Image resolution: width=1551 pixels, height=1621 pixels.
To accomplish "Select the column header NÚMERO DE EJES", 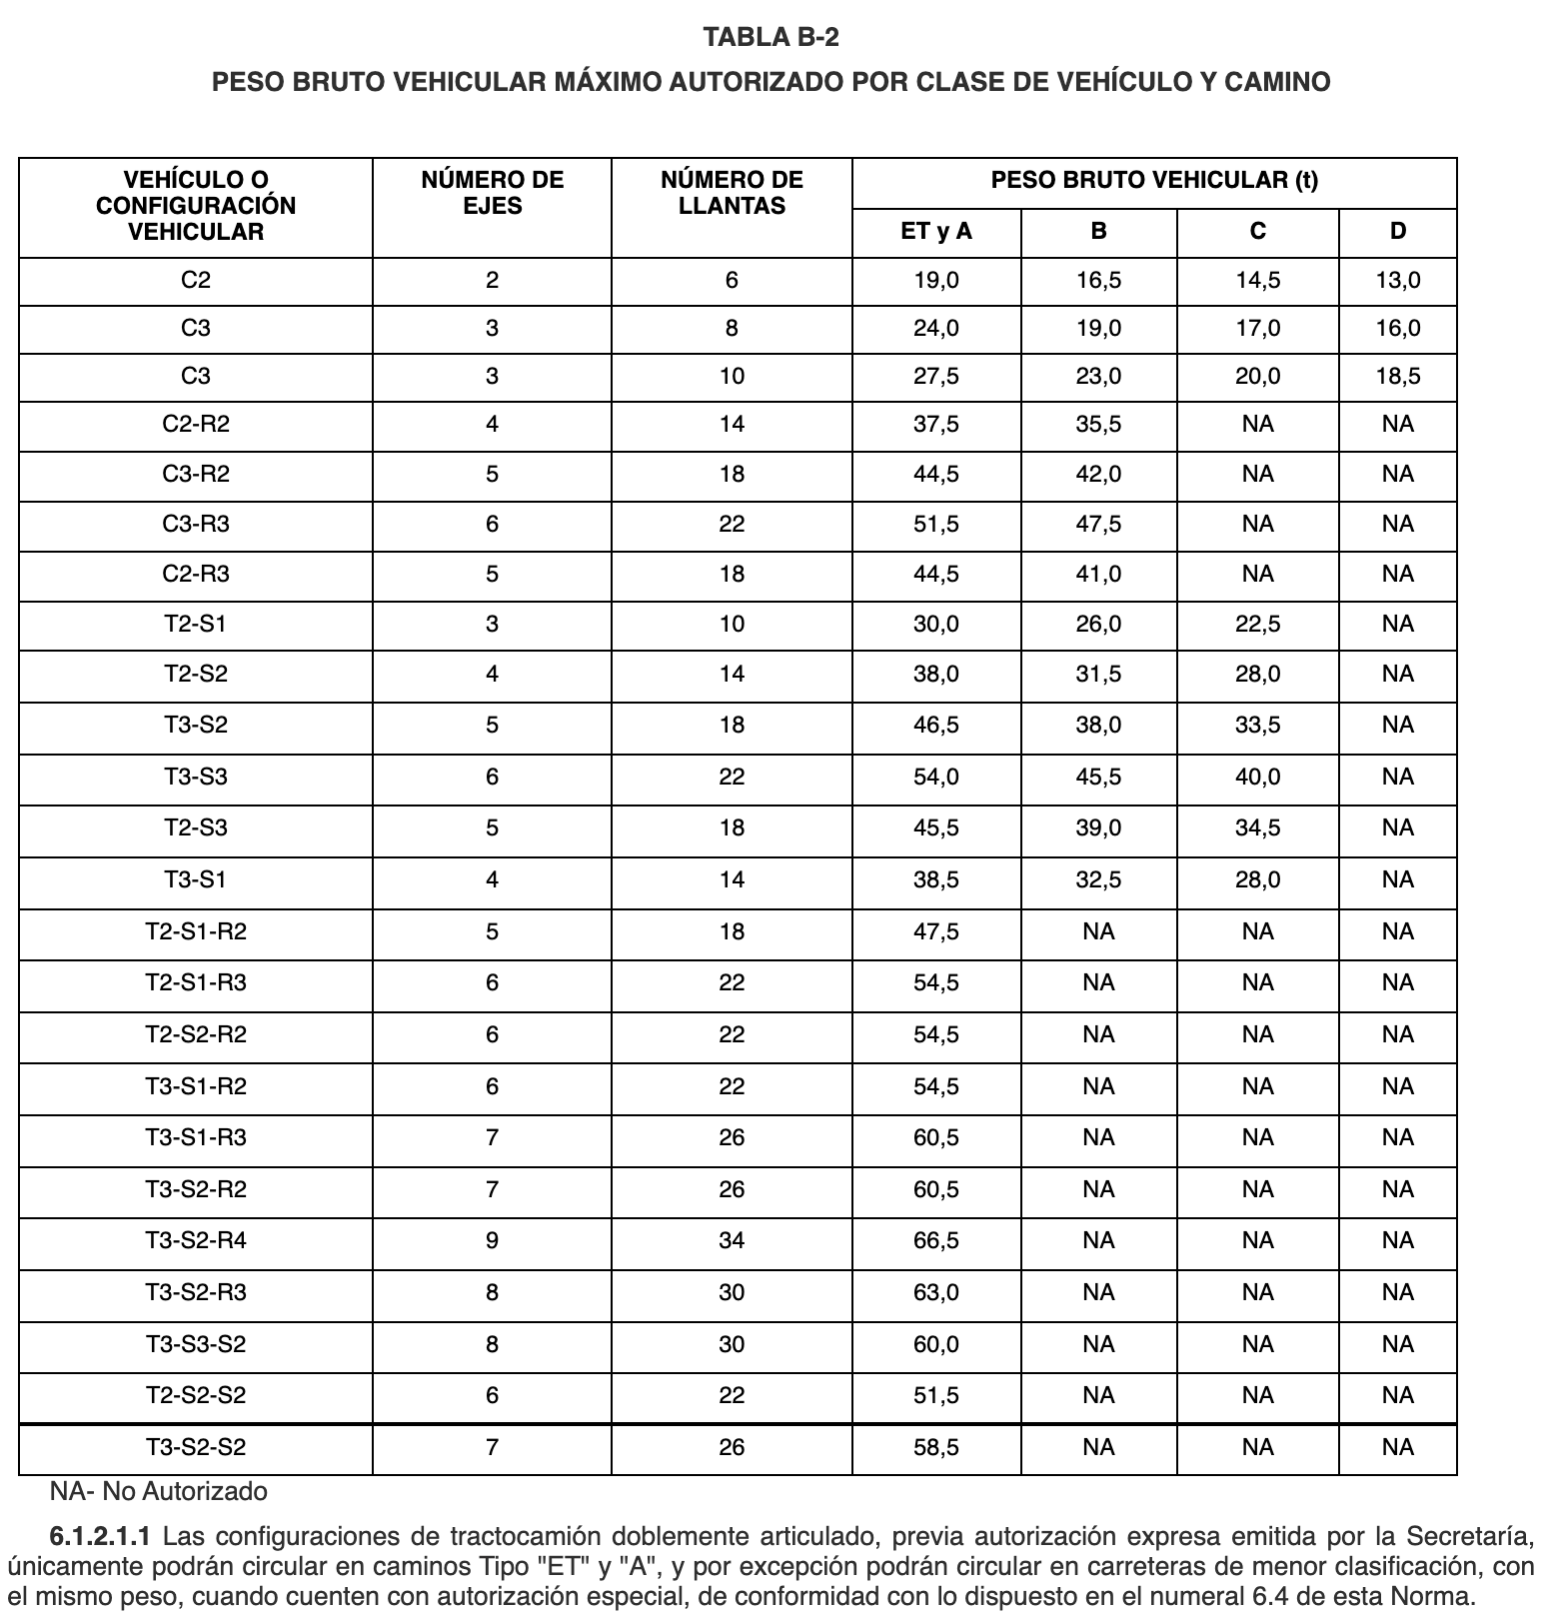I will (x=492, y=193).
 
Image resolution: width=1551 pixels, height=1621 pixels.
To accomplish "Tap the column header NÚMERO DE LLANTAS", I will (x=732, y=193).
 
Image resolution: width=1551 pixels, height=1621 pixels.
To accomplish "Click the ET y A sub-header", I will (x=936, y=232).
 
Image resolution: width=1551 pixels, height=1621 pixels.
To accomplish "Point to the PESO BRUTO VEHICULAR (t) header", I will (x=1154, y=181).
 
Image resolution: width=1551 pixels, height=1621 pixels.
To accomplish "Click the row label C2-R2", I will (x=196, y=425).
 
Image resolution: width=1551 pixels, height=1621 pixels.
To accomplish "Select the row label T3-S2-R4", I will (x=196, y=1241).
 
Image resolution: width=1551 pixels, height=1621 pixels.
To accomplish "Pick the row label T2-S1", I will (x=196, y=625).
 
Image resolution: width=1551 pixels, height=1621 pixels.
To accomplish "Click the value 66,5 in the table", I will (x=936, y=1241).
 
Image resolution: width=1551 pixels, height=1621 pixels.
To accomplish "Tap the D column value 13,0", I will (x=1397, y=281).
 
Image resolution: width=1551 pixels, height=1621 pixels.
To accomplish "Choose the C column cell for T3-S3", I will (x=1257, y=778).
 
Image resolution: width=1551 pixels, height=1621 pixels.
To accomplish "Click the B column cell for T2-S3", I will (x=1098, y=828).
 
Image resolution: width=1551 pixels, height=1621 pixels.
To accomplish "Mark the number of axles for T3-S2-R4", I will (x=492, y=1241).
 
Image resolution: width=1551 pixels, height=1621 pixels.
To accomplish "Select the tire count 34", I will (x=732, y=1241).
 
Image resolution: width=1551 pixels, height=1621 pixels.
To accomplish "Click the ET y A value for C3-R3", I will (x=936, y=525).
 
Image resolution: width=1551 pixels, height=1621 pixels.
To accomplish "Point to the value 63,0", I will (x=936, y=1293).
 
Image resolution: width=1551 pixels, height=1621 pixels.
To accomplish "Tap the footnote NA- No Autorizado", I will (x=159, y=1492).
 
